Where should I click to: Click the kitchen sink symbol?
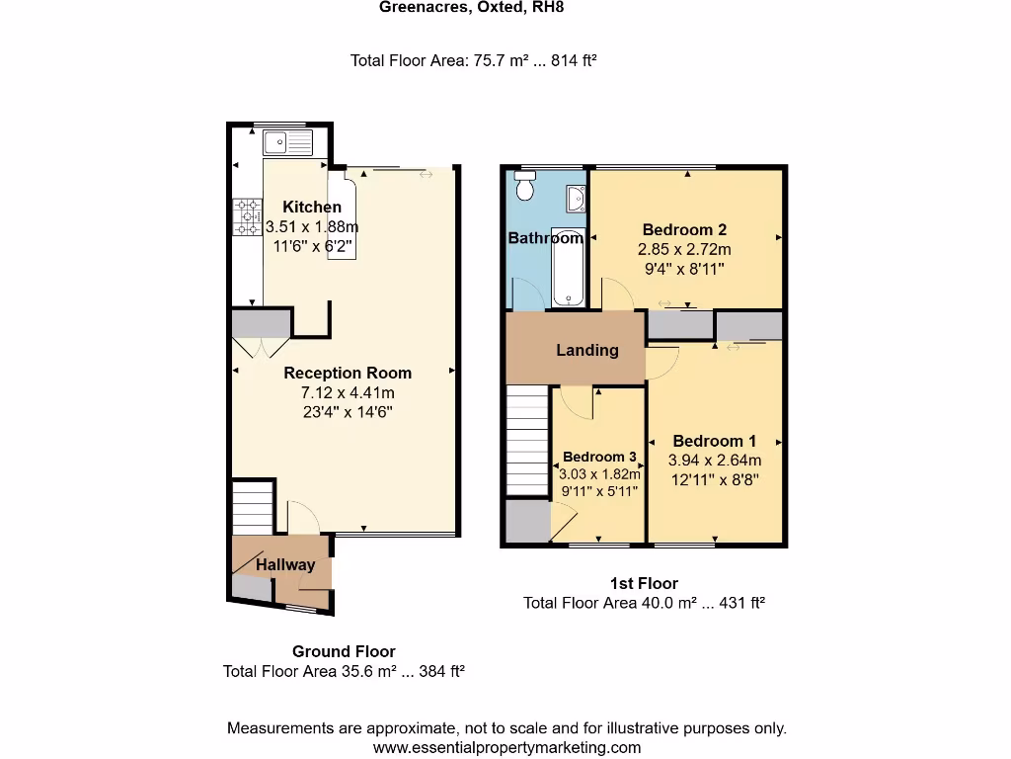pos(287,142)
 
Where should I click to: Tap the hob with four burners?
pos(247,217)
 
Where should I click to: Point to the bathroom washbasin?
pos(576,201)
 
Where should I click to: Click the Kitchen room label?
pos(312,208)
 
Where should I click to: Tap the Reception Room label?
pos(348,373)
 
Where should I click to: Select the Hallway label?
pos(286,565)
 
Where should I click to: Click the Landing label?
pos(587,350)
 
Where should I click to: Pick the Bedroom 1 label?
pos(715,441)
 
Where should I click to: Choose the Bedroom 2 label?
pos(684,230)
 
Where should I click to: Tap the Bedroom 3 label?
pos(599,458)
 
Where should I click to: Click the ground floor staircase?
pos(253,507)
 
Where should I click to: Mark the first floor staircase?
pos(527,442)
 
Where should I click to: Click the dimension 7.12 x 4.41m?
pos(347,392)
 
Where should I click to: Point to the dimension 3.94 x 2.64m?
pos(715,460)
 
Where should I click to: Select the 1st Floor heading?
pos(644,583)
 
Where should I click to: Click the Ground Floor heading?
pos(344,651)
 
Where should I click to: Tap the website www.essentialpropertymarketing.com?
pos(506,748)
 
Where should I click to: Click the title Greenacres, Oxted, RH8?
pos(472,8)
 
